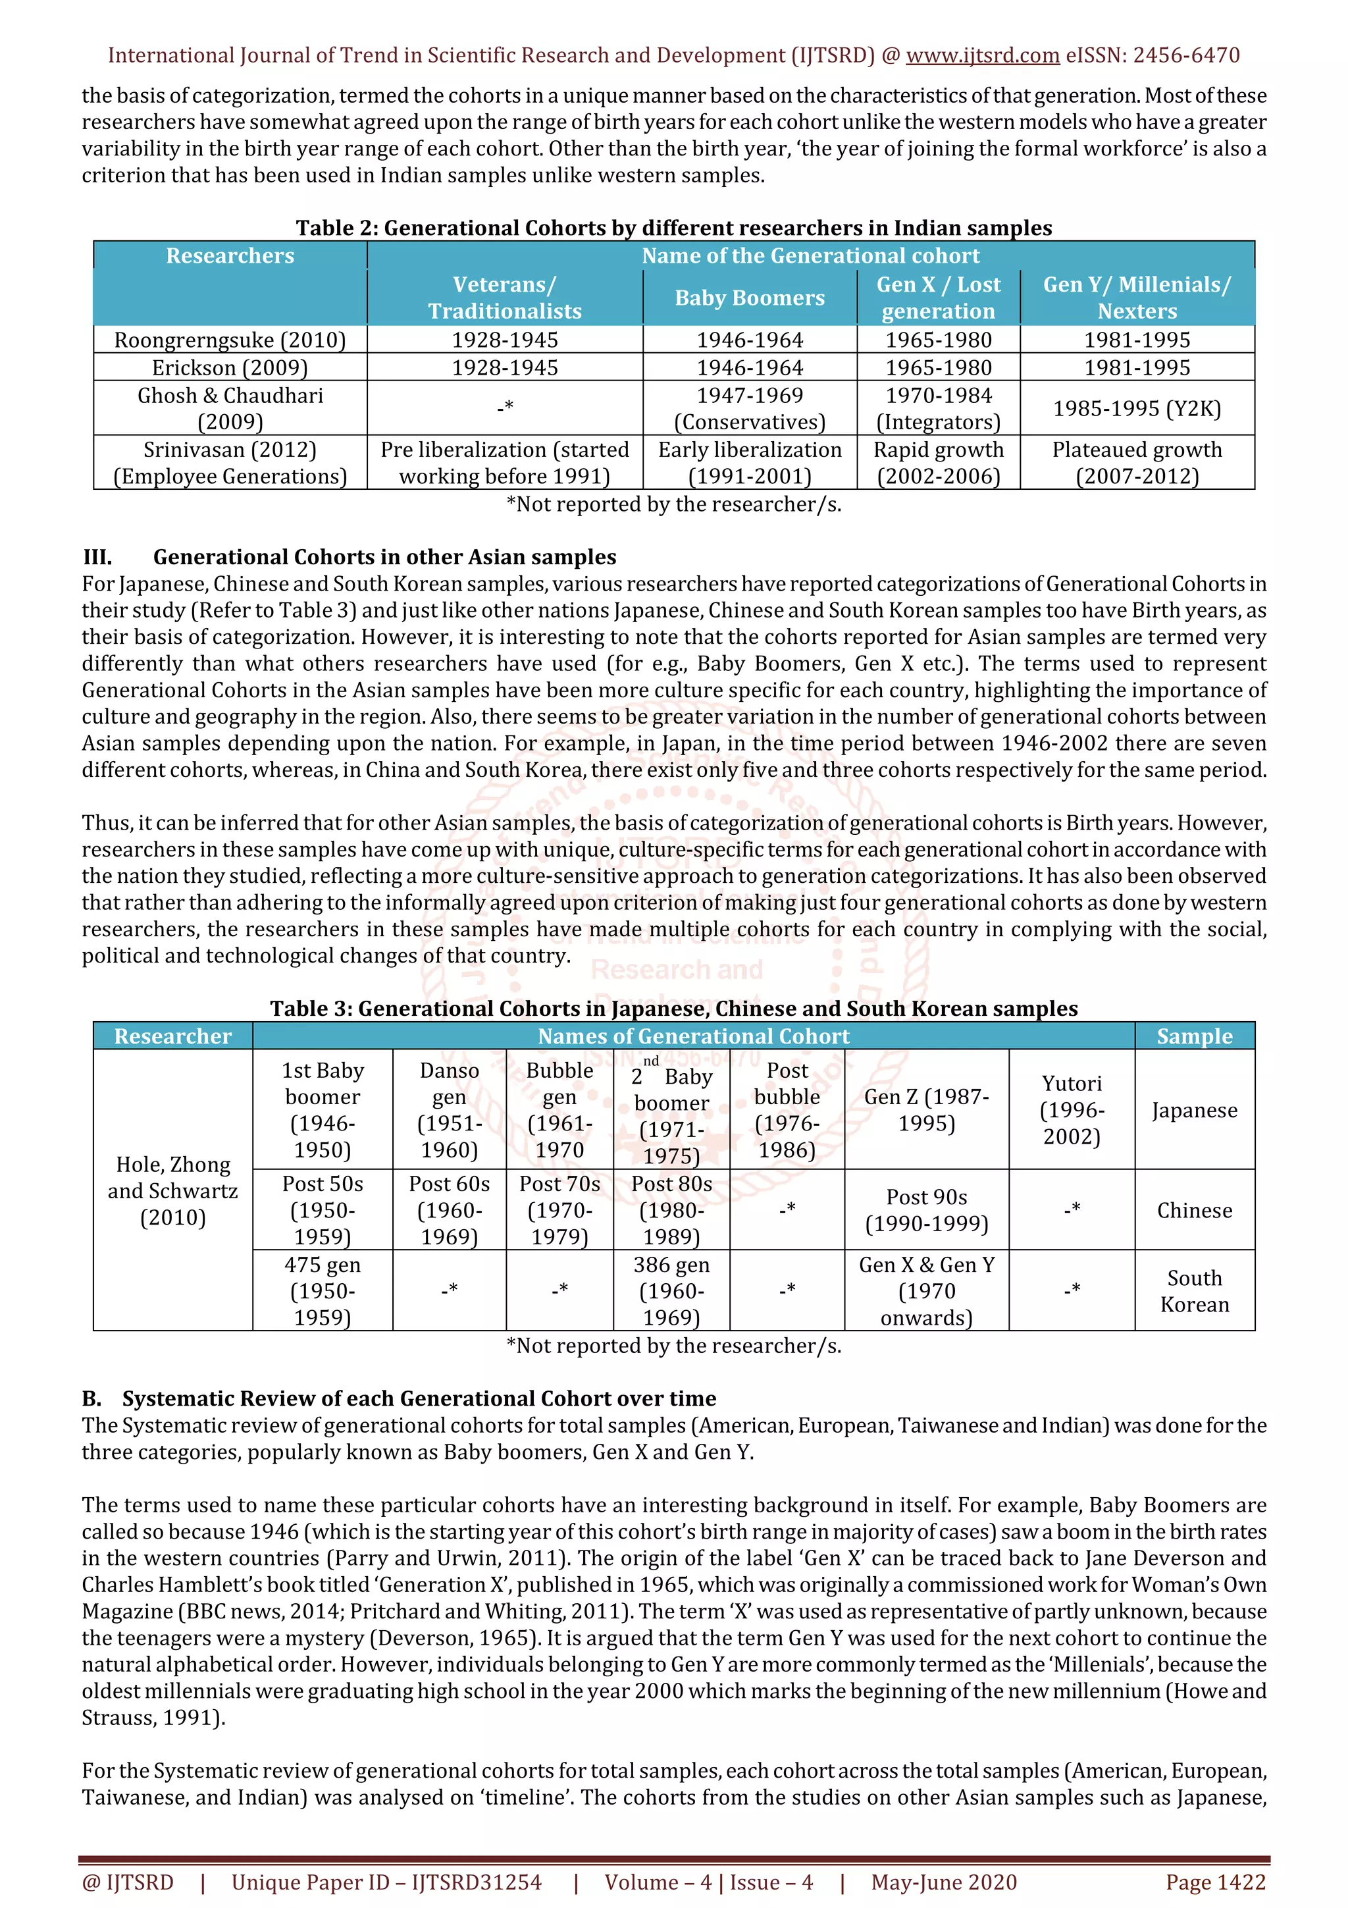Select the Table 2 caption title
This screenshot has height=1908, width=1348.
[673, 228]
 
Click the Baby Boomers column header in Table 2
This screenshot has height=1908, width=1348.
[749, 298]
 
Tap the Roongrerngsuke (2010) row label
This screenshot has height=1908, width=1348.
[230, 340]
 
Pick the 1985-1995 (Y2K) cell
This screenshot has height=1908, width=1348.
[1136, 408]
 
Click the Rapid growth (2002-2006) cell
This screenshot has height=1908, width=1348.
[938, 463]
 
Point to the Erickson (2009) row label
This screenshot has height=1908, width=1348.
[230, 367]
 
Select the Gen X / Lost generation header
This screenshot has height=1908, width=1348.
[938, 298]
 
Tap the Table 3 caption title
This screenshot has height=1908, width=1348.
[673, 1008]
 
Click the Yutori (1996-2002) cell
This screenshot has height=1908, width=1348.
[1072, 1109]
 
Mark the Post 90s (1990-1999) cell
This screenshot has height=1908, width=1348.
[926, 1210]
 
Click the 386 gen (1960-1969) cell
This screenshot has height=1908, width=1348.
[671, 1290]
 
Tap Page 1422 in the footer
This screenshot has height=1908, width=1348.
[1215, 1882]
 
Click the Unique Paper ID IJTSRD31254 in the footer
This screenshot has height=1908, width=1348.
[386, 1882]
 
